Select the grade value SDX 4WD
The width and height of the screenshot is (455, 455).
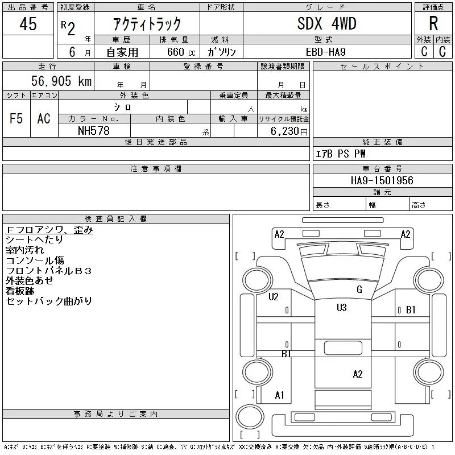coord(326,24)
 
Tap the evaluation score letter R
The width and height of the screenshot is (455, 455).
coord(433,24)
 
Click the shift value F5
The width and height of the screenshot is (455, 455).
coord(16,119)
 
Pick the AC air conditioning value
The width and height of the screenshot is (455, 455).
coord(44,119)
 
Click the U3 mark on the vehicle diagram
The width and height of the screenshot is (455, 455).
coord(341,308)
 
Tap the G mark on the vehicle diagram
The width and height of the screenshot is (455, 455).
coord(359,289)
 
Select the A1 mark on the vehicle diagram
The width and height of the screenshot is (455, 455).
coord(279,395)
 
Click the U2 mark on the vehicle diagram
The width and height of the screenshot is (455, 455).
coord(274,296)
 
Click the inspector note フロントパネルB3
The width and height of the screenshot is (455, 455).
coord(48,270)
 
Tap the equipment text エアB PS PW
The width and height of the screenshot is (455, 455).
coord(341,154)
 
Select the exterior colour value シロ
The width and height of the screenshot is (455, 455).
coord(123,107)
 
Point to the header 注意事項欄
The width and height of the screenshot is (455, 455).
coord(156,169)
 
